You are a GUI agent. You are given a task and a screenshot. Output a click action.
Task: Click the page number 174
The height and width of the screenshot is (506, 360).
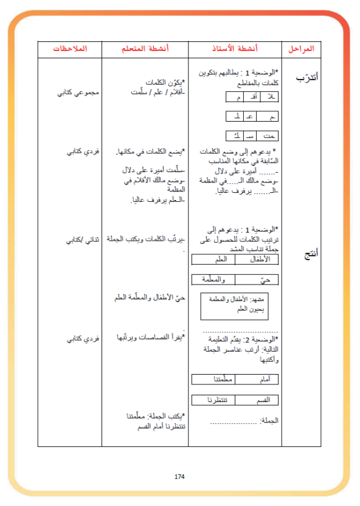179,476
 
